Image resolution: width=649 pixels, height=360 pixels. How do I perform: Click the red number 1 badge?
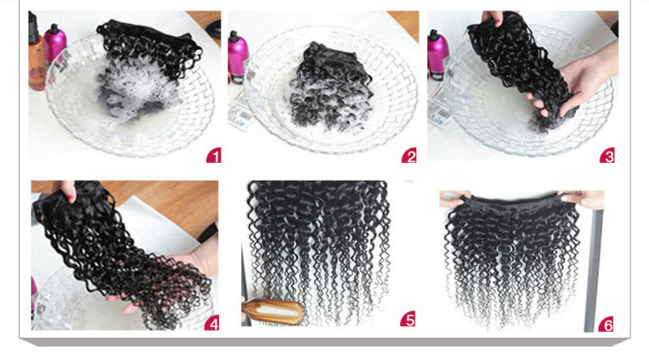coord(213,155)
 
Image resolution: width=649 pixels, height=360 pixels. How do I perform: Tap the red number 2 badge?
coord(409,156)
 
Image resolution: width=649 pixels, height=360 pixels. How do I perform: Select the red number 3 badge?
coord(607,155)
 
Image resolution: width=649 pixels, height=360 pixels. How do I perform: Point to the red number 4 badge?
coord(212,323)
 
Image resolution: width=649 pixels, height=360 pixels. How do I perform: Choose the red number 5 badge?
coord(408,319)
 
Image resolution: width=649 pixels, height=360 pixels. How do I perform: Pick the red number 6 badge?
coord(606,324)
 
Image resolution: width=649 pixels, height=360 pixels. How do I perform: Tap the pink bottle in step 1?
coord(55,44)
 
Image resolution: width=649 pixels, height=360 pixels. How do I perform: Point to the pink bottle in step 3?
coord(437,54)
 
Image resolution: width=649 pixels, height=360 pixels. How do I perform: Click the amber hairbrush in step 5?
coord(273,311)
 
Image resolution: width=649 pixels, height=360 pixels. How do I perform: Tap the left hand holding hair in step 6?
coord(454,199)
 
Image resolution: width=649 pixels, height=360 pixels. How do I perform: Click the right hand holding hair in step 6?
coord(582,199)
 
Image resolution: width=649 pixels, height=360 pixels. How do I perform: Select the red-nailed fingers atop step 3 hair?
coord(493,17)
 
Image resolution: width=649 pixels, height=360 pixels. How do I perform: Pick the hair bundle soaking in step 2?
coord(330,86)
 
